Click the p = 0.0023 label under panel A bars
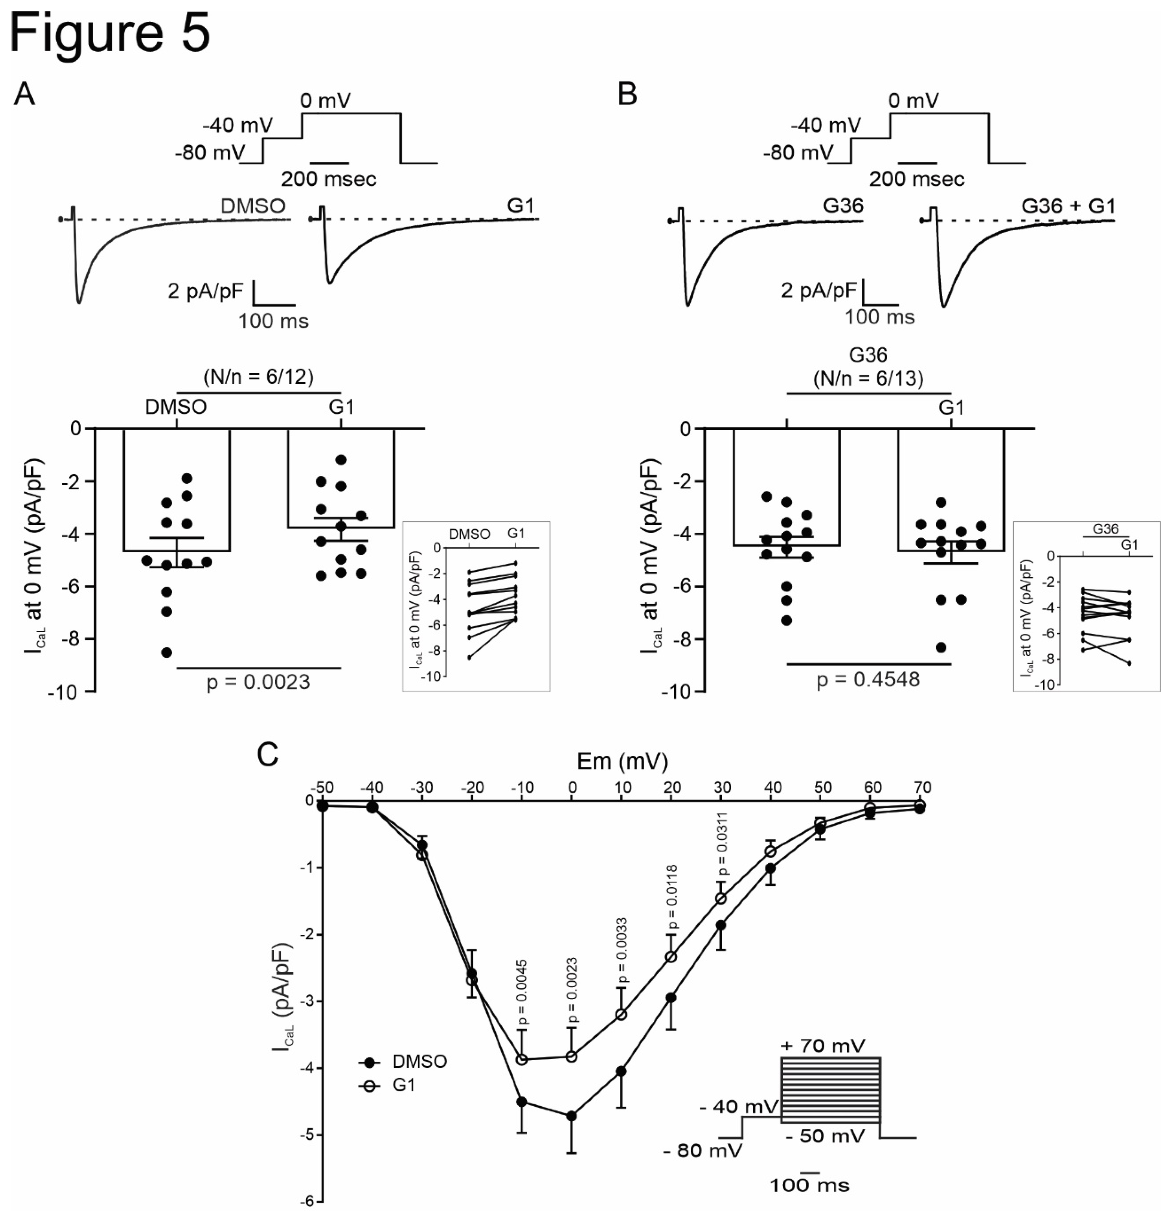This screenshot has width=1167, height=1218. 258,682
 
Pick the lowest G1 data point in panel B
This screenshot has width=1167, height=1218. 942,647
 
